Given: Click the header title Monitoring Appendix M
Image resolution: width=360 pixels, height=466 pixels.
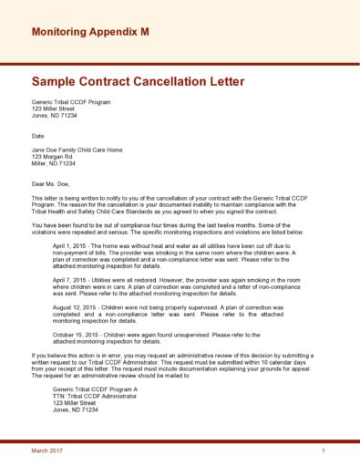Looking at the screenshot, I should [x=90, y=32].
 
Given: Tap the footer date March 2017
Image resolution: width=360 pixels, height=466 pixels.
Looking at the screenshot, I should [x=46, y=451].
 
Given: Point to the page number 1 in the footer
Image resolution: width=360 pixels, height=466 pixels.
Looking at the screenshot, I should [x=324, y=451].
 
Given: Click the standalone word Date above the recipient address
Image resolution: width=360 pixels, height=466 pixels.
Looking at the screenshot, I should [x=38, y=136].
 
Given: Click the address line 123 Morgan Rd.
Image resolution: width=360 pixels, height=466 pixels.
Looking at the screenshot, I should [x=52, y=156].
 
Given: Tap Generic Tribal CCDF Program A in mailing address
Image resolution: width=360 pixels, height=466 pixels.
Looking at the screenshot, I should [x=96, y=388].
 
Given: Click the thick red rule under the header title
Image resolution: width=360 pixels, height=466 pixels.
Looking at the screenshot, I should [x=180, y=63].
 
